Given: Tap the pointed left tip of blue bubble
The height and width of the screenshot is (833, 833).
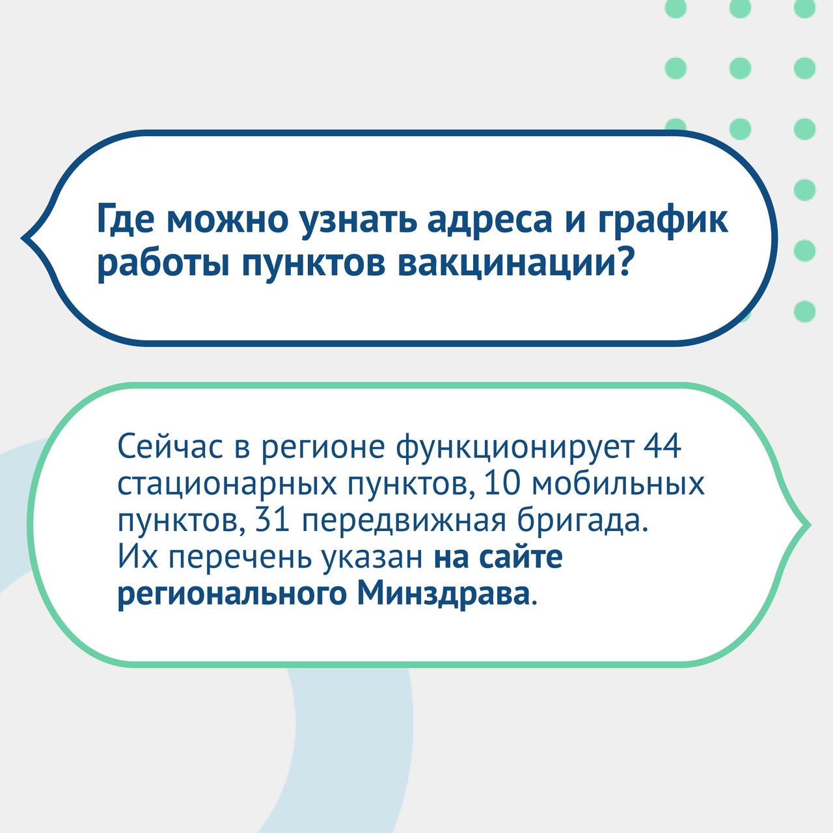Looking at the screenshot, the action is tap(21, 238).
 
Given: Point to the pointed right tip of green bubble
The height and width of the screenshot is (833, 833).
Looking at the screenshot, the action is tap(810, 525).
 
